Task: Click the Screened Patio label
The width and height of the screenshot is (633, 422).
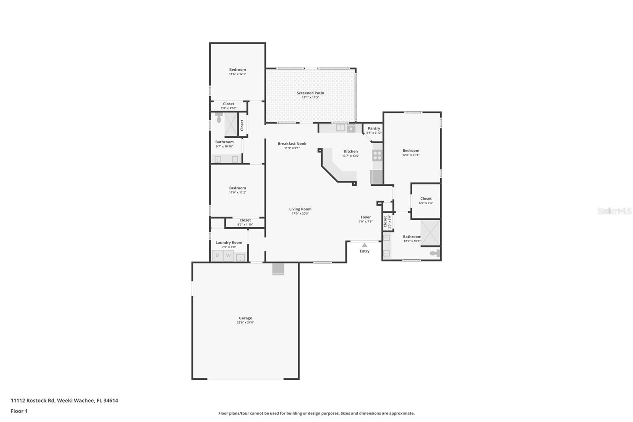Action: pos(310,93)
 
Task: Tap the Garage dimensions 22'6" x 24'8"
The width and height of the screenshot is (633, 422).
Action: pos(245,323)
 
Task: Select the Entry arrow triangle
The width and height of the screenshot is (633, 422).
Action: pos(364,245)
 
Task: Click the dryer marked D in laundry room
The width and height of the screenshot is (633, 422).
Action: pos(217,256)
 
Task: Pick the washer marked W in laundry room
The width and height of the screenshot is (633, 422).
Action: pos(228,256)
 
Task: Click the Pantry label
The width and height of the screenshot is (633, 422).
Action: pos(374,128)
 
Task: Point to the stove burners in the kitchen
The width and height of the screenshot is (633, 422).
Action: pos(377,155)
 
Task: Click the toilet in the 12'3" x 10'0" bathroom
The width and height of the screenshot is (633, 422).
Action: pos(435,253)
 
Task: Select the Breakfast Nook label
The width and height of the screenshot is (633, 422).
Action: pos(292,144)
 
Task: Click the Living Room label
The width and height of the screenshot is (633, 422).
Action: pos(300,209)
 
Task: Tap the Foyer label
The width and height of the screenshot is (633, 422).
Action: pos(366,217)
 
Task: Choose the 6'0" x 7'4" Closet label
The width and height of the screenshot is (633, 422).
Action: pos(426,199)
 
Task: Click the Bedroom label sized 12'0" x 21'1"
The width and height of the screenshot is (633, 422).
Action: pos(411,150)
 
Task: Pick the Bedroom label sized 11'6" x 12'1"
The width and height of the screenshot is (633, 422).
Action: pos(237,70)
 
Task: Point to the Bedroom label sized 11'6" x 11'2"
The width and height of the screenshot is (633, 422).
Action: pos(237,188)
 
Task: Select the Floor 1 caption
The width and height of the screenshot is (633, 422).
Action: pos(19,411)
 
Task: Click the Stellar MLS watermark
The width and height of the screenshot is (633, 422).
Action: pos(614,211)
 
